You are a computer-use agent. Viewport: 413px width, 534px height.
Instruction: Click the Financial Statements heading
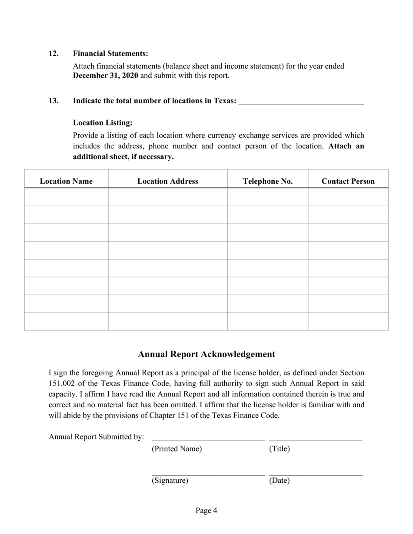(110, 53)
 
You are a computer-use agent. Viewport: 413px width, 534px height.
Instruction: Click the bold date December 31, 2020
(105, 76)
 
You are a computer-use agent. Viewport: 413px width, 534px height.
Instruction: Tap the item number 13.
(53, 101)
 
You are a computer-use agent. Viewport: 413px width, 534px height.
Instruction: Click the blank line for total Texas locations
(301, 102)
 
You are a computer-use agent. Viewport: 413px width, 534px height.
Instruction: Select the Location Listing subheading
(103, 123)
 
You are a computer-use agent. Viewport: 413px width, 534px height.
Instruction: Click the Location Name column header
(66, 181)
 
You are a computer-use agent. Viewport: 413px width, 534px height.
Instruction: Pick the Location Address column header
(168, 181)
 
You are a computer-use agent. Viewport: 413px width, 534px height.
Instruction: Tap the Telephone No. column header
(268, 181)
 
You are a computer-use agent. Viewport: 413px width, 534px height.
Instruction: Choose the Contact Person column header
(348, 181)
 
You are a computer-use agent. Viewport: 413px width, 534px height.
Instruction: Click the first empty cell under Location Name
(66, 197)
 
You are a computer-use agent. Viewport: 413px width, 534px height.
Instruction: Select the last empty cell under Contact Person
(348, 321)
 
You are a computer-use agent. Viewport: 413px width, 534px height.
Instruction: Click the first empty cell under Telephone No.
(268, 197)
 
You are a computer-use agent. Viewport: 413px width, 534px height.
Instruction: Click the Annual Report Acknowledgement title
(206, 354)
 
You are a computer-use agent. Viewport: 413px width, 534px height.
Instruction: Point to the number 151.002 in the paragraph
(62, 383)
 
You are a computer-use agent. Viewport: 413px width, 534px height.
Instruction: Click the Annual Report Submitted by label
(96, 437)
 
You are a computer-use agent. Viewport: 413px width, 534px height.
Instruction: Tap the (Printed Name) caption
(177, 449)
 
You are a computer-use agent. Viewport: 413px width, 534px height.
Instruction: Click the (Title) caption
(279, 449)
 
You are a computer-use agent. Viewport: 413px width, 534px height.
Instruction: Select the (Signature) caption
(170, 481)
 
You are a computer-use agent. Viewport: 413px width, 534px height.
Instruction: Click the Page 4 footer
(206, 511)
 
